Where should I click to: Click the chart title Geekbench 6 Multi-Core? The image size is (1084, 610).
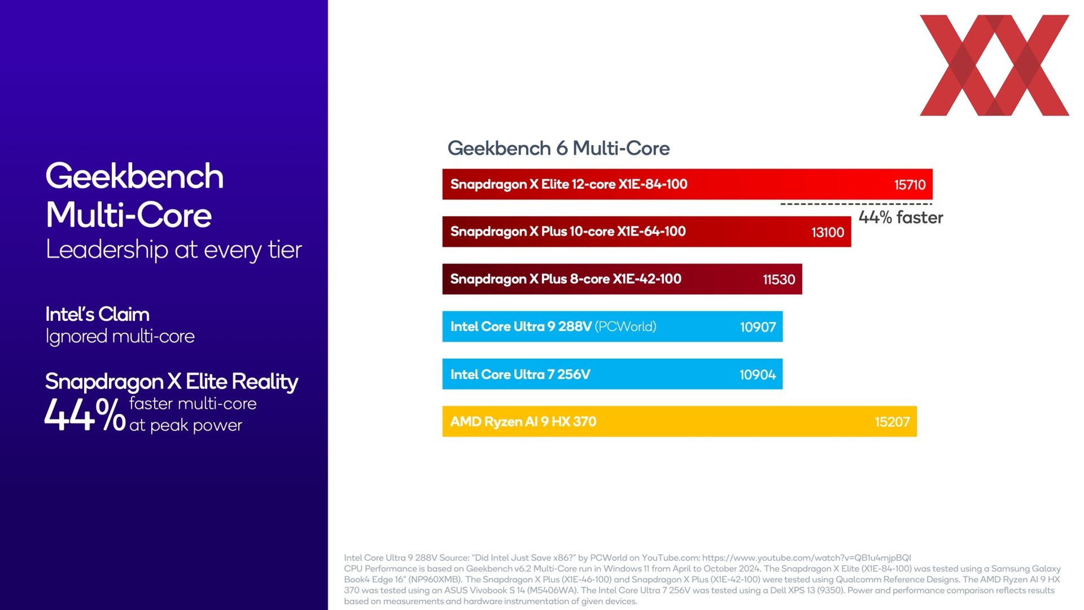click(558, 149)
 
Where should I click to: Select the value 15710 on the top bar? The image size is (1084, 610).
click(910, 185)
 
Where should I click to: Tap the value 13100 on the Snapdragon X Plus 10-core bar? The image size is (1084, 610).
click(828, 232)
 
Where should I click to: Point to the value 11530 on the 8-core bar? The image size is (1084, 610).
click(779, 280)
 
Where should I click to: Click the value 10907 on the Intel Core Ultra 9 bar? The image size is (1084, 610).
click(758, 327)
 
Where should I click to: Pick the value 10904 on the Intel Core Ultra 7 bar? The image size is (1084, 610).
click(758, 374)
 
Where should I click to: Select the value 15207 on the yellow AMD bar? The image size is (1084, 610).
click(892, 422)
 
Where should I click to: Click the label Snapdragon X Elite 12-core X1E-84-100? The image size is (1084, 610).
click(569, 184)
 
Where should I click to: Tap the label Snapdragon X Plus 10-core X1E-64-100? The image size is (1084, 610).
click(568, 232)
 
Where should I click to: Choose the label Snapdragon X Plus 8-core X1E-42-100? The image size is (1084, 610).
click(566, 279)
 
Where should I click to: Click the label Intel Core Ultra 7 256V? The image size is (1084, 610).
click(521, 374)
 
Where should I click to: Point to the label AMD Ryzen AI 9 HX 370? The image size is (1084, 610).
click(523, 422)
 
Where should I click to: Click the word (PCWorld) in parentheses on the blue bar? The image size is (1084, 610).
click(626, 326)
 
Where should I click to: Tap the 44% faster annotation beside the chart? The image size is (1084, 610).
click(901, 217)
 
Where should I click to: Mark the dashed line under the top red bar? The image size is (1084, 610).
click(856, 204)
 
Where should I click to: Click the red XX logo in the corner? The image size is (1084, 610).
click(995, 66)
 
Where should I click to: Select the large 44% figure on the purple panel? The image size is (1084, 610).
click(85, 415)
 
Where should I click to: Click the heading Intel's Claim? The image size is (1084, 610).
click(98, 314)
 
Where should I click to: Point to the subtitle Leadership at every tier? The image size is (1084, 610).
click(174, 250)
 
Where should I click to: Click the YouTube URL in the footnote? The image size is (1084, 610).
click(807, 558)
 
